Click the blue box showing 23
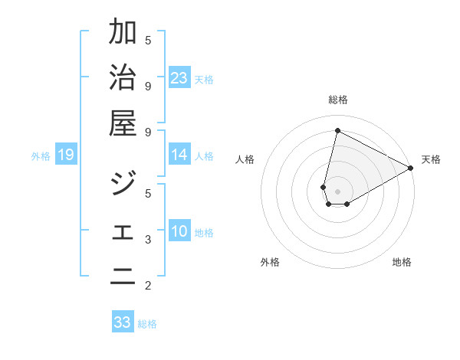179,77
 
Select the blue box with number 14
179,155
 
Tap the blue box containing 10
179,231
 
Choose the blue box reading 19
66,155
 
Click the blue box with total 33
123,322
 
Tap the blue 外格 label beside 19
41,156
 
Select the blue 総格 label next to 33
147,324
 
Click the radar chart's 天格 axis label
431,159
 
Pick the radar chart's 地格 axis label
402,262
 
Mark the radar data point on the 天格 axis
411,169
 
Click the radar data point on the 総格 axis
337,130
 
